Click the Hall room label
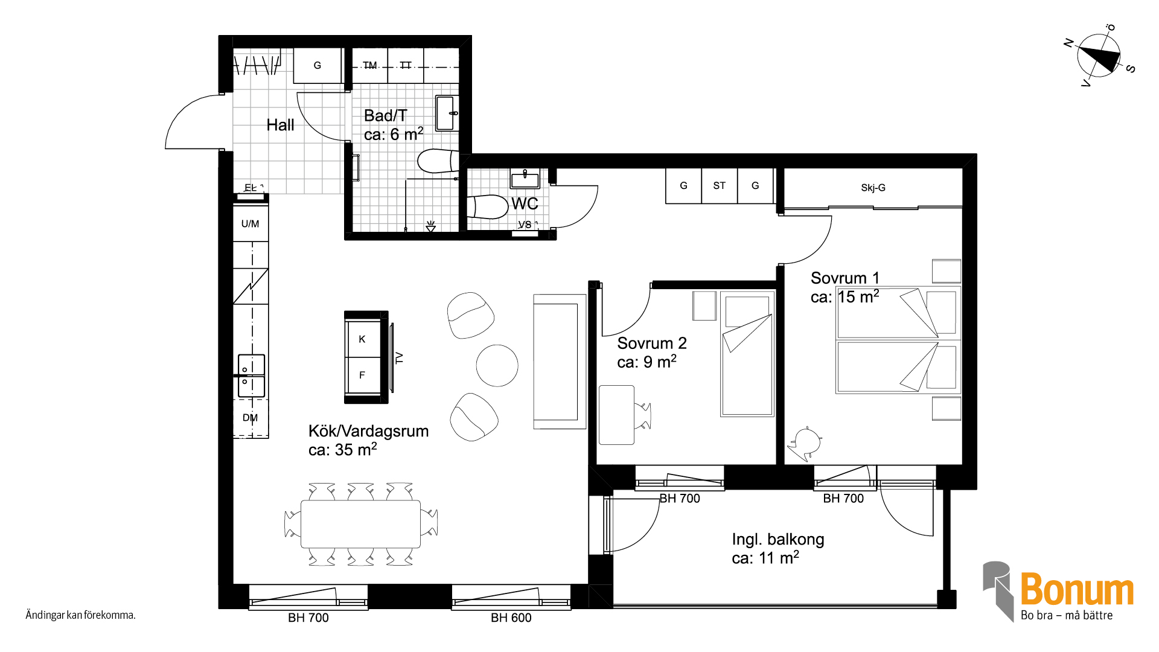tap(280, 125)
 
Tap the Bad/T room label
tap(386, 115)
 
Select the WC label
tap(525, 203)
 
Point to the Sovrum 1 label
tap(845, 278)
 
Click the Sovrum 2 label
tap(652, 343)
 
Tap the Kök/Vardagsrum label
tap(368, 431)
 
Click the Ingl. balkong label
tap(778, 539)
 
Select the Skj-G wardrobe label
tap(873, 188)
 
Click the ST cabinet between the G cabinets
tap(720, 186)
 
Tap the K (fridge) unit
tap(362, 339)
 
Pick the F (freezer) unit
tap(362, 375)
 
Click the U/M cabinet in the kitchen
tap(251, 223)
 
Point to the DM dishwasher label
tap(250, 418)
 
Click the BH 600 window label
tap(511, 618)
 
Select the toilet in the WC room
tap(488, 206)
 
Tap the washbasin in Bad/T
tap(446, 113)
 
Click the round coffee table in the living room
tap(497, 365)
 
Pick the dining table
tap(360, 524)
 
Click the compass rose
tap(1099, 56)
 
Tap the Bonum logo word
tap(1077, 589)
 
